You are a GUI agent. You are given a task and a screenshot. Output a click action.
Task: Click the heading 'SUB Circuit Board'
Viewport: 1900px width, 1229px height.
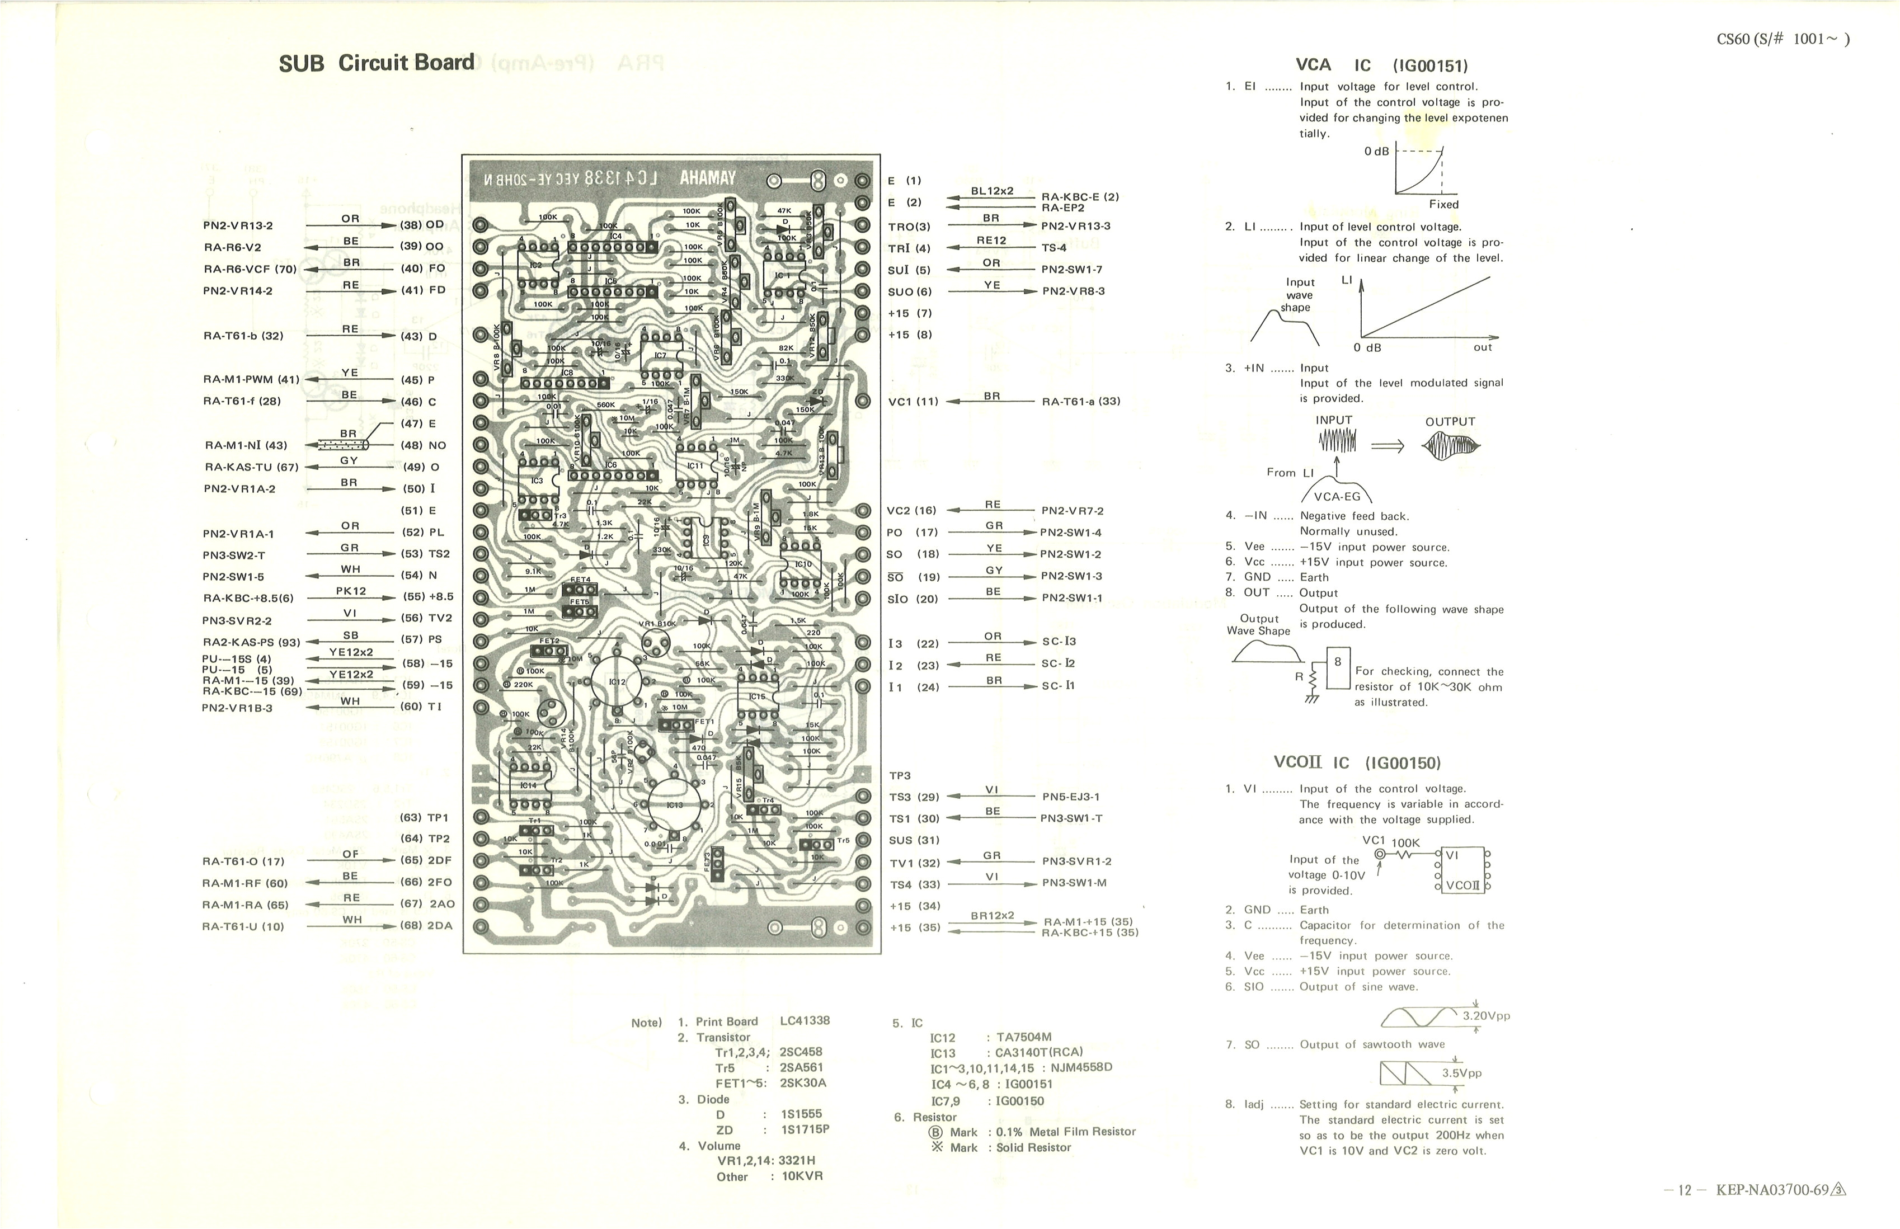point(377,63)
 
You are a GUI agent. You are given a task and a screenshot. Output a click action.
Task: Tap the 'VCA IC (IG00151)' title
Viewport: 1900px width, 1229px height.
point(1382,65)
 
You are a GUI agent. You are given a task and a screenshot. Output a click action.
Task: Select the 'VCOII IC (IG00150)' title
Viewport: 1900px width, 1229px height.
point(1357,762)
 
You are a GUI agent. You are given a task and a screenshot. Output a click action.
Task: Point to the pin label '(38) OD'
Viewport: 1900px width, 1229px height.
point(422,225)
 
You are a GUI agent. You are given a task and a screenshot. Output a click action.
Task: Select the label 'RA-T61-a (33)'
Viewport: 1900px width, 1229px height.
point(1081,402)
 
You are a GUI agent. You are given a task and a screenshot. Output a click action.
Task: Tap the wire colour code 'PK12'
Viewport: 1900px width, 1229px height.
point(351,591)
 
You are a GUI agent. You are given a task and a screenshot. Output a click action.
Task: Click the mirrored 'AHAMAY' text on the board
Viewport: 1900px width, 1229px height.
point(707,178)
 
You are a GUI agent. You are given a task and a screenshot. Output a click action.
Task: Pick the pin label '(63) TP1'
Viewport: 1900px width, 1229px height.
point(425,818)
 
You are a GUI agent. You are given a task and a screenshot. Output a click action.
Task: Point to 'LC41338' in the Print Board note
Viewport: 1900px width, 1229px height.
point(805,1021)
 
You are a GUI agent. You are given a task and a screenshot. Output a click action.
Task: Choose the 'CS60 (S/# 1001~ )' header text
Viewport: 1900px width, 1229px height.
point(1783,39)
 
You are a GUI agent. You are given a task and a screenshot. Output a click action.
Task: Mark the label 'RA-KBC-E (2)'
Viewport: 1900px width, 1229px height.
point(1080,197)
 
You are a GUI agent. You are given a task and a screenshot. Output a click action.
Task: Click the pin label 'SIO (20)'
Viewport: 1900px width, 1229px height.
point(912,599)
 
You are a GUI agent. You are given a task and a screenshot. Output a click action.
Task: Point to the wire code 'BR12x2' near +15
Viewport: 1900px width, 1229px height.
point(992,915)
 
